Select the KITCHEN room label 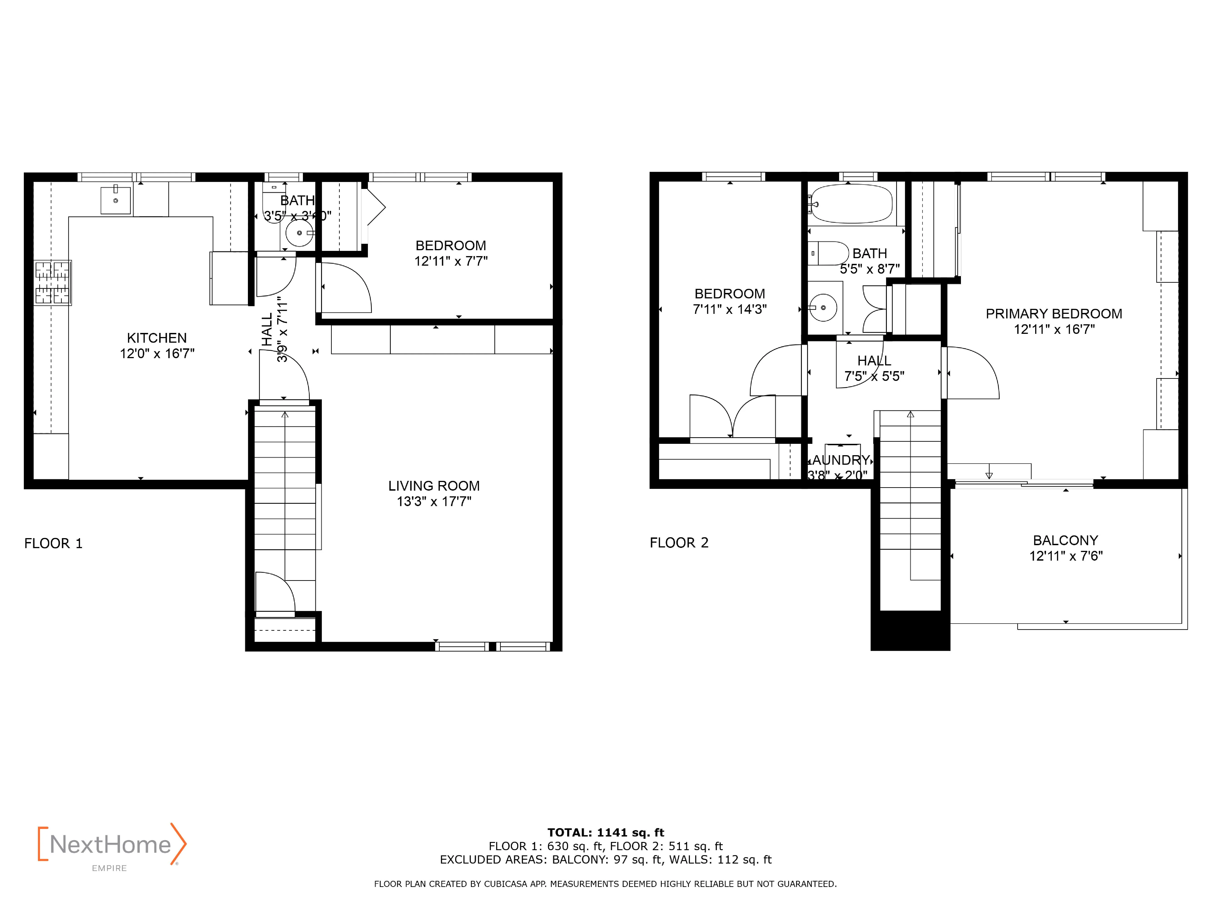click(157, 338)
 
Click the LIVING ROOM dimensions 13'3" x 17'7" click(434, 501)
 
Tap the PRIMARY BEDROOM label click(1054, 314)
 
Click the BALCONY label click(1065, 540)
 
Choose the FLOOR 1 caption click(53, 544)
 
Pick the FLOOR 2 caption click(679, 543)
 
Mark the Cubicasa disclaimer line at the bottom click(606, 884)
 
